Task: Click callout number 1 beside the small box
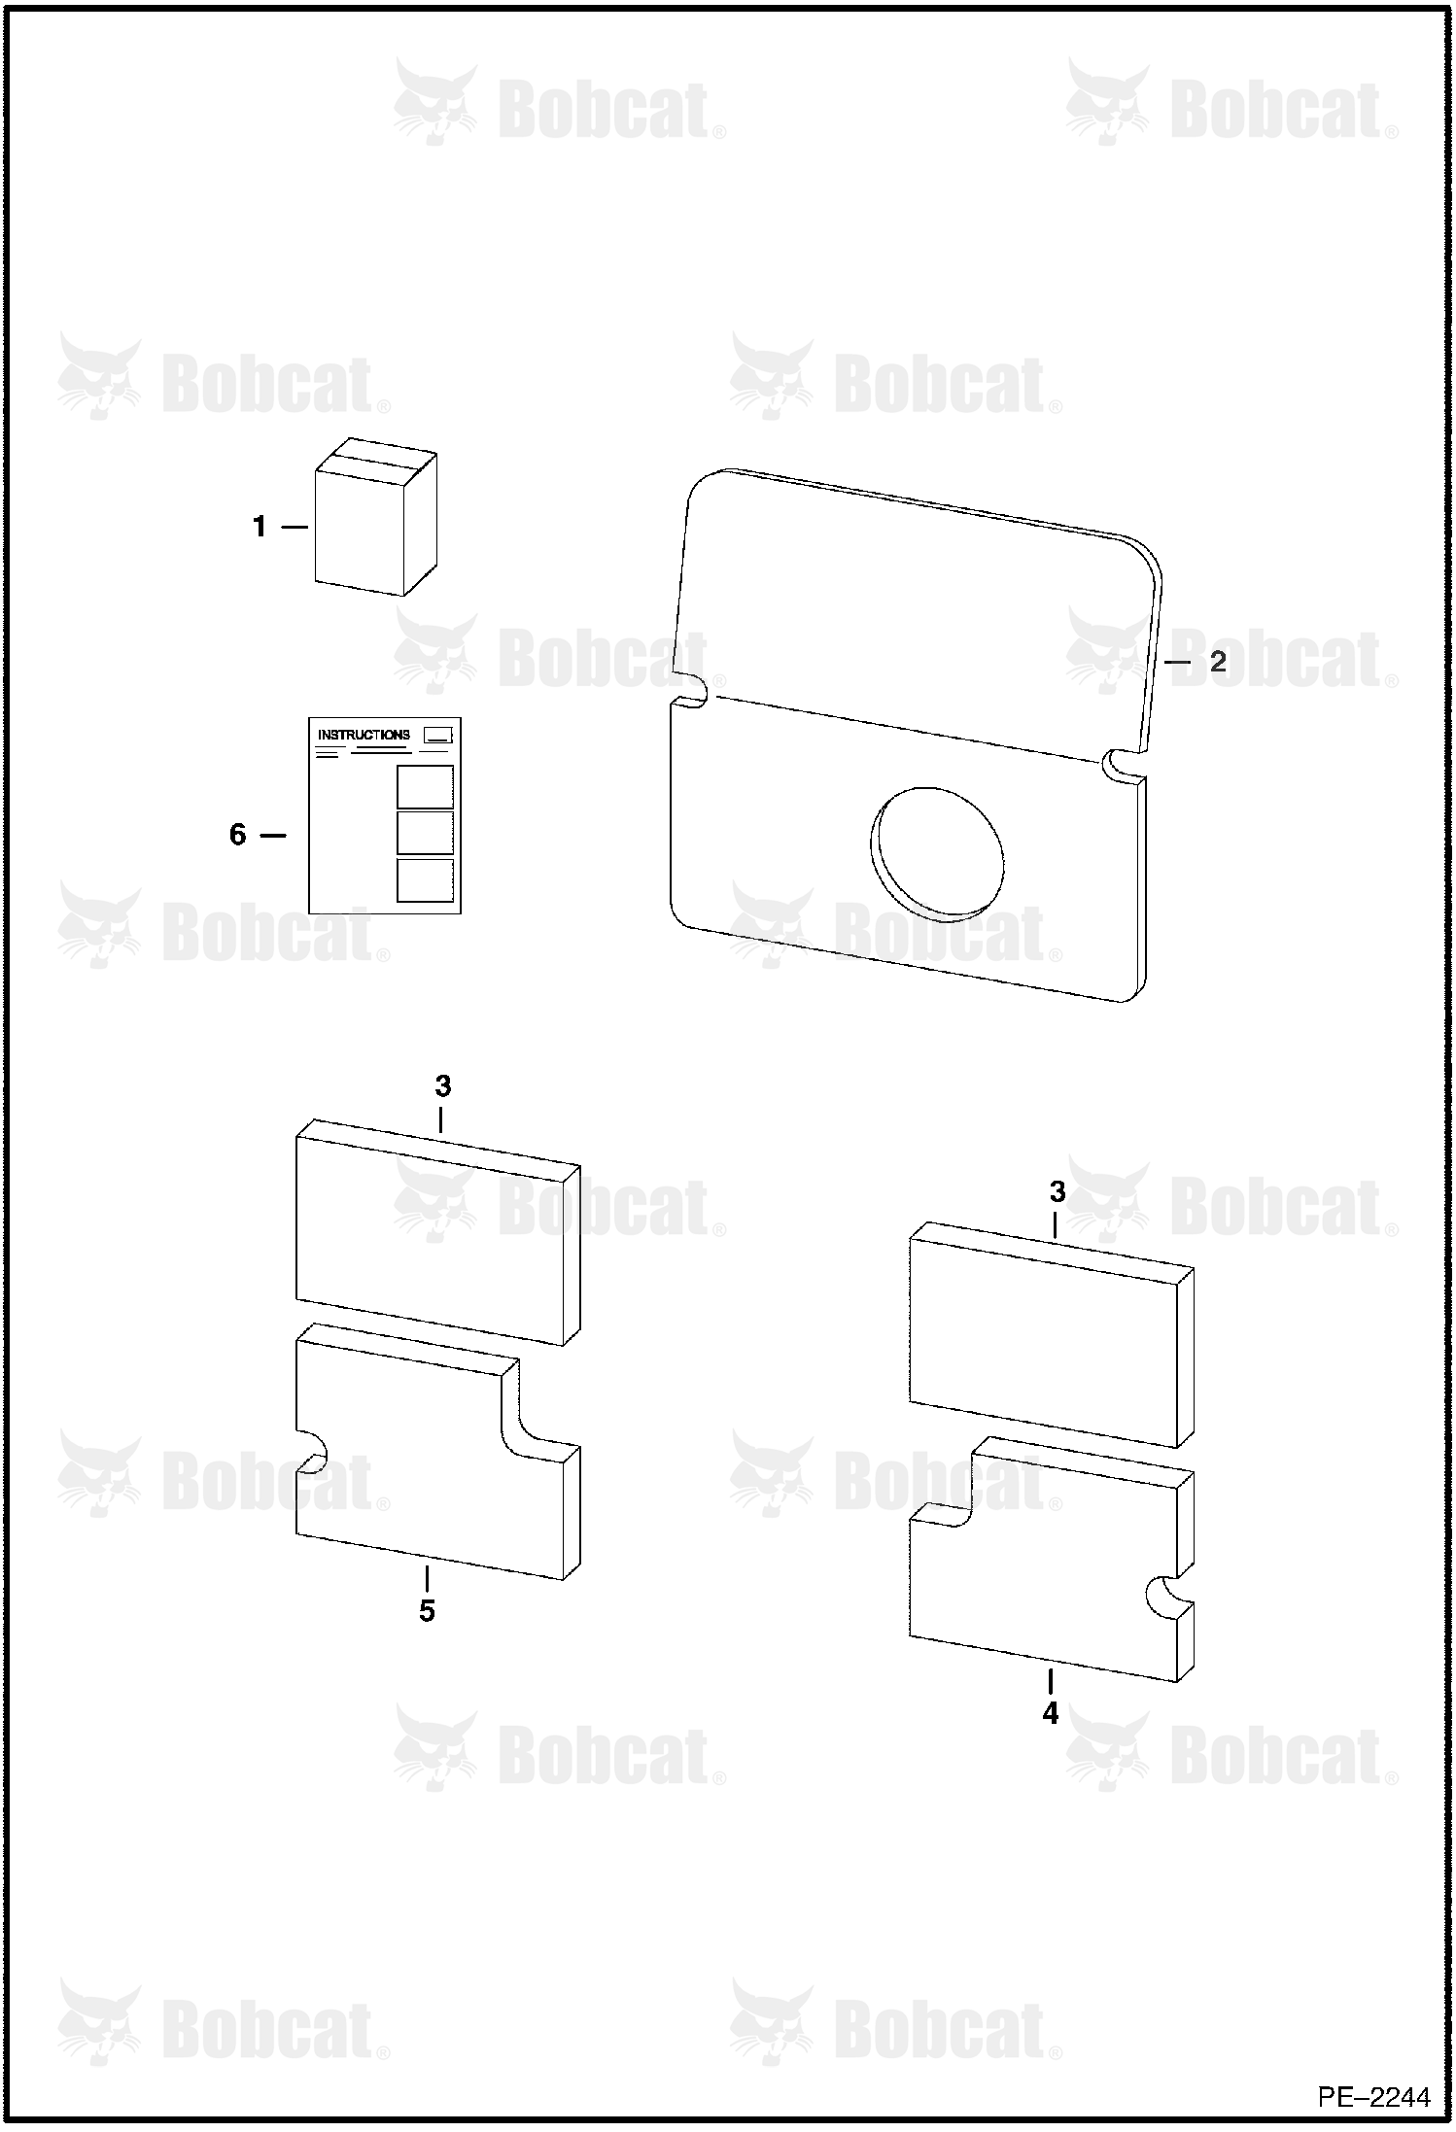tap(259, 527)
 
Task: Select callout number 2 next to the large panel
tap(1217, 662)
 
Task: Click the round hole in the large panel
tap(936, 853)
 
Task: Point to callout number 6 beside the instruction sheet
tap(238, 835)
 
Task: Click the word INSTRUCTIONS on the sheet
tap(364, 735)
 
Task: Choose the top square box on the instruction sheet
tap(425, 786)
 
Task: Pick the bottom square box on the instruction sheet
tap(425, 879)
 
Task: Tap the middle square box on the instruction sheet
tap(425, 833)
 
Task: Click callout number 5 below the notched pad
tap(427, 1611)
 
